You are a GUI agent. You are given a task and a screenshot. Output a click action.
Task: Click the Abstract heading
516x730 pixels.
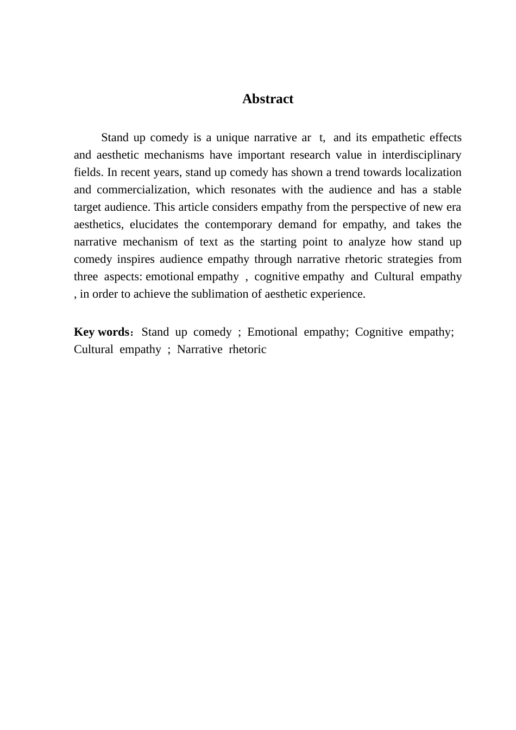[267, 99]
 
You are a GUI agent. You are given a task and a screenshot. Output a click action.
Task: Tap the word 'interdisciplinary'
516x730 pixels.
[421, 155]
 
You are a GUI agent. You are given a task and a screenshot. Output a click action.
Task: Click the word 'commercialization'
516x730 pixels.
[143, 190]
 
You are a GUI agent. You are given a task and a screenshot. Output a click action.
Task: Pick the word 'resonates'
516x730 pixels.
[253, 190]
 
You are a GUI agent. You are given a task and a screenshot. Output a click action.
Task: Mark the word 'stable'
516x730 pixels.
[447, 190]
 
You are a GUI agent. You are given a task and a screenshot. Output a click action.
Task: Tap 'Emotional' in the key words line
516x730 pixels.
[272, 332]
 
